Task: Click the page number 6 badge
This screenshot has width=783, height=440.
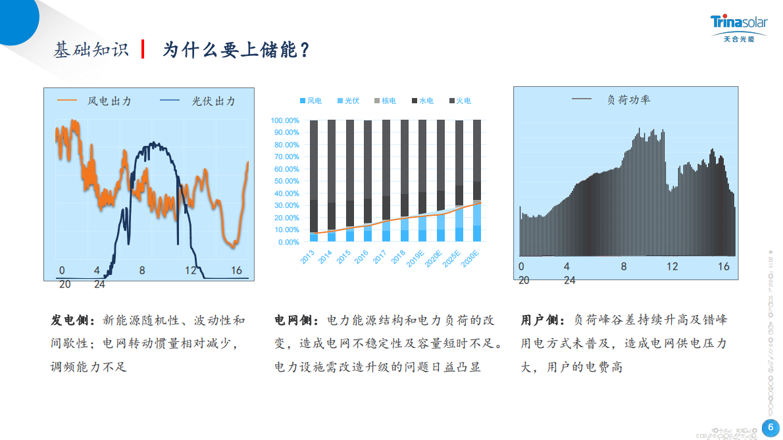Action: [770, 428]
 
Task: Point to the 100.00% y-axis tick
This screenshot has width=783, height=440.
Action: [285, 120]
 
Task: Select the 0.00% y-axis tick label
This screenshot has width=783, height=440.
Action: [288, 242]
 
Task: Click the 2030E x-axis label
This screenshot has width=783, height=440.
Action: [470, 258]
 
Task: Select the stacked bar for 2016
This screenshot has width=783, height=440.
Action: [368, 181]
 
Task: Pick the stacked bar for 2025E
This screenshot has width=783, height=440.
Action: [459, 181]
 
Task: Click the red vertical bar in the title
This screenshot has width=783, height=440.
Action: [143, 49]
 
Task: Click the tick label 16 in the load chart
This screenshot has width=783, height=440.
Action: [724, 266]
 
